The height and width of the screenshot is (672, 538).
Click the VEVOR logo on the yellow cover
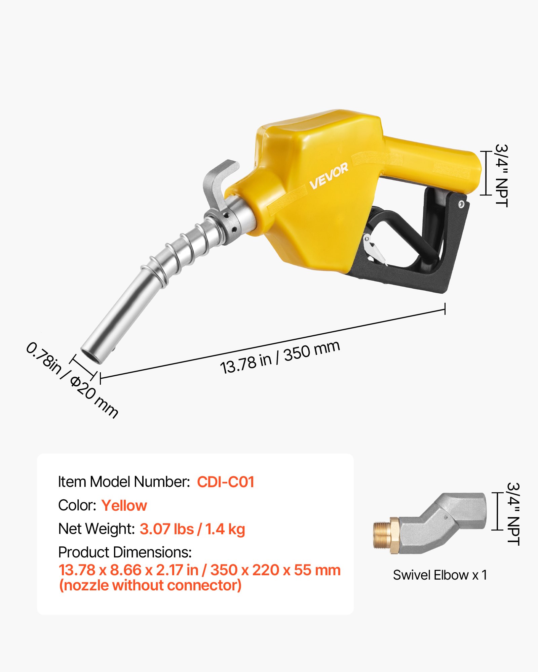click(329, 176)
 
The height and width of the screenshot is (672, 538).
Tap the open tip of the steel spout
click(91, 356)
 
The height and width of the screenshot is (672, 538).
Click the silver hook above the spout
click(221, 181)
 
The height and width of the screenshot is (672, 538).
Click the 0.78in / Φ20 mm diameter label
click(72, 380)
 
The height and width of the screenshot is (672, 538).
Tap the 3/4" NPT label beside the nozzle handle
click(501, 175)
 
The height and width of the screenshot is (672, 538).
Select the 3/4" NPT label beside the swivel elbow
click(513, 514)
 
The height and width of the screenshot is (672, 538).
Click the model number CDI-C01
click(225, 482)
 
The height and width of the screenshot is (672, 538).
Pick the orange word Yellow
click(124, 505)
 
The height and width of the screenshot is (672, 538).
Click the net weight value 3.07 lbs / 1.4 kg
click(192, 529)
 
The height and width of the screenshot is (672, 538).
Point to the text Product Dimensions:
click(125, 552)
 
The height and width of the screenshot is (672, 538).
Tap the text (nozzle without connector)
click(150, 585)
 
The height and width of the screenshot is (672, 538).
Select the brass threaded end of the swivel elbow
click(382, 535)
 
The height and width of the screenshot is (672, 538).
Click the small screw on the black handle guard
click(461, 204)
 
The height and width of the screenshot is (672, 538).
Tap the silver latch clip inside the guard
click(373, 249)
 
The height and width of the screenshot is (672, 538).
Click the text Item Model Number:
click(124, 482)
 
